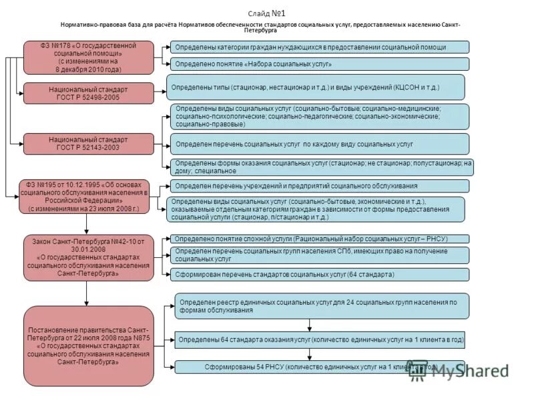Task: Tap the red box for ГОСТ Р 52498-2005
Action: (88, 93)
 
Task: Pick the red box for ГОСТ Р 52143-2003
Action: (88, 144)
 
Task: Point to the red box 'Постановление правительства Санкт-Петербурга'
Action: (88, 342)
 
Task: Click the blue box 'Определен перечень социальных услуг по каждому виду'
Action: (320, 144)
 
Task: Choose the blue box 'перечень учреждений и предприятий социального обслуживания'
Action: (320, 186)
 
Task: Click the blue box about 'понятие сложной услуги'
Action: (320, 239)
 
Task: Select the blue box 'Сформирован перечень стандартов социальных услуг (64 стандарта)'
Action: (320, 275)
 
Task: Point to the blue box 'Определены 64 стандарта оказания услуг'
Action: (320, 340)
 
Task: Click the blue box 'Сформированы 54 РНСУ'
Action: (320, 367)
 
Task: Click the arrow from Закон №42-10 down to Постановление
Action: (87, 292)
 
